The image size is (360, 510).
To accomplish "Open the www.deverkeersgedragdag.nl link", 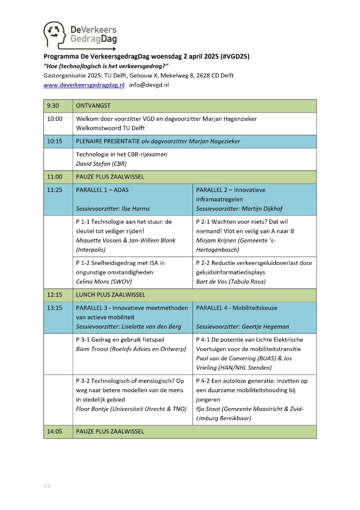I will pos(84,85).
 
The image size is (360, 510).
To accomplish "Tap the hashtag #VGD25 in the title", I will pos(234,56).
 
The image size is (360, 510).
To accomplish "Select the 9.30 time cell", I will pos(51,106).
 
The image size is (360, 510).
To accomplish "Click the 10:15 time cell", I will pos(54,141).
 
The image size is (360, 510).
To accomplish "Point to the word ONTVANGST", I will pos(93,106).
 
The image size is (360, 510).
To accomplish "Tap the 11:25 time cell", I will pos(54,190).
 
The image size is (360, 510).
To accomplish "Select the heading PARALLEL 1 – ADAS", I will pos(102,190).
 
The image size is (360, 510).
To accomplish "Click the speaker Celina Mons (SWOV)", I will pos(104,281).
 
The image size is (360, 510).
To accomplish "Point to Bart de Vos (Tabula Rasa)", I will pos(230,281).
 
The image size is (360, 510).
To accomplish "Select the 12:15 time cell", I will pos(54,295).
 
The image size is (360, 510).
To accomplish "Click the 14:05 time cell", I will pos(54,431).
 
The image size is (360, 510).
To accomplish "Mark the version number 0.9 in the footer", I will pos(47,486).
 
